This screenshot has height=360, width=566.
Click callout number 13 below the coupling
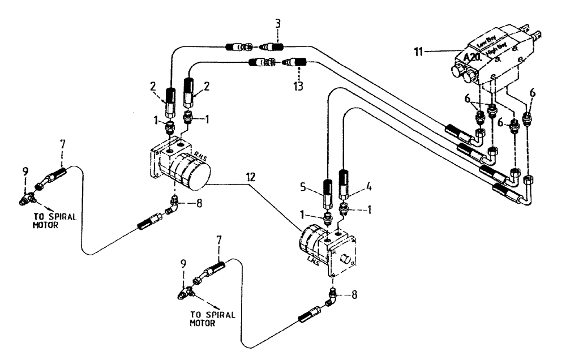point(298,86)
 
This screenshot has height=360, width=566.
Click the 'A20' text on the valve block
point(471,58)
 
